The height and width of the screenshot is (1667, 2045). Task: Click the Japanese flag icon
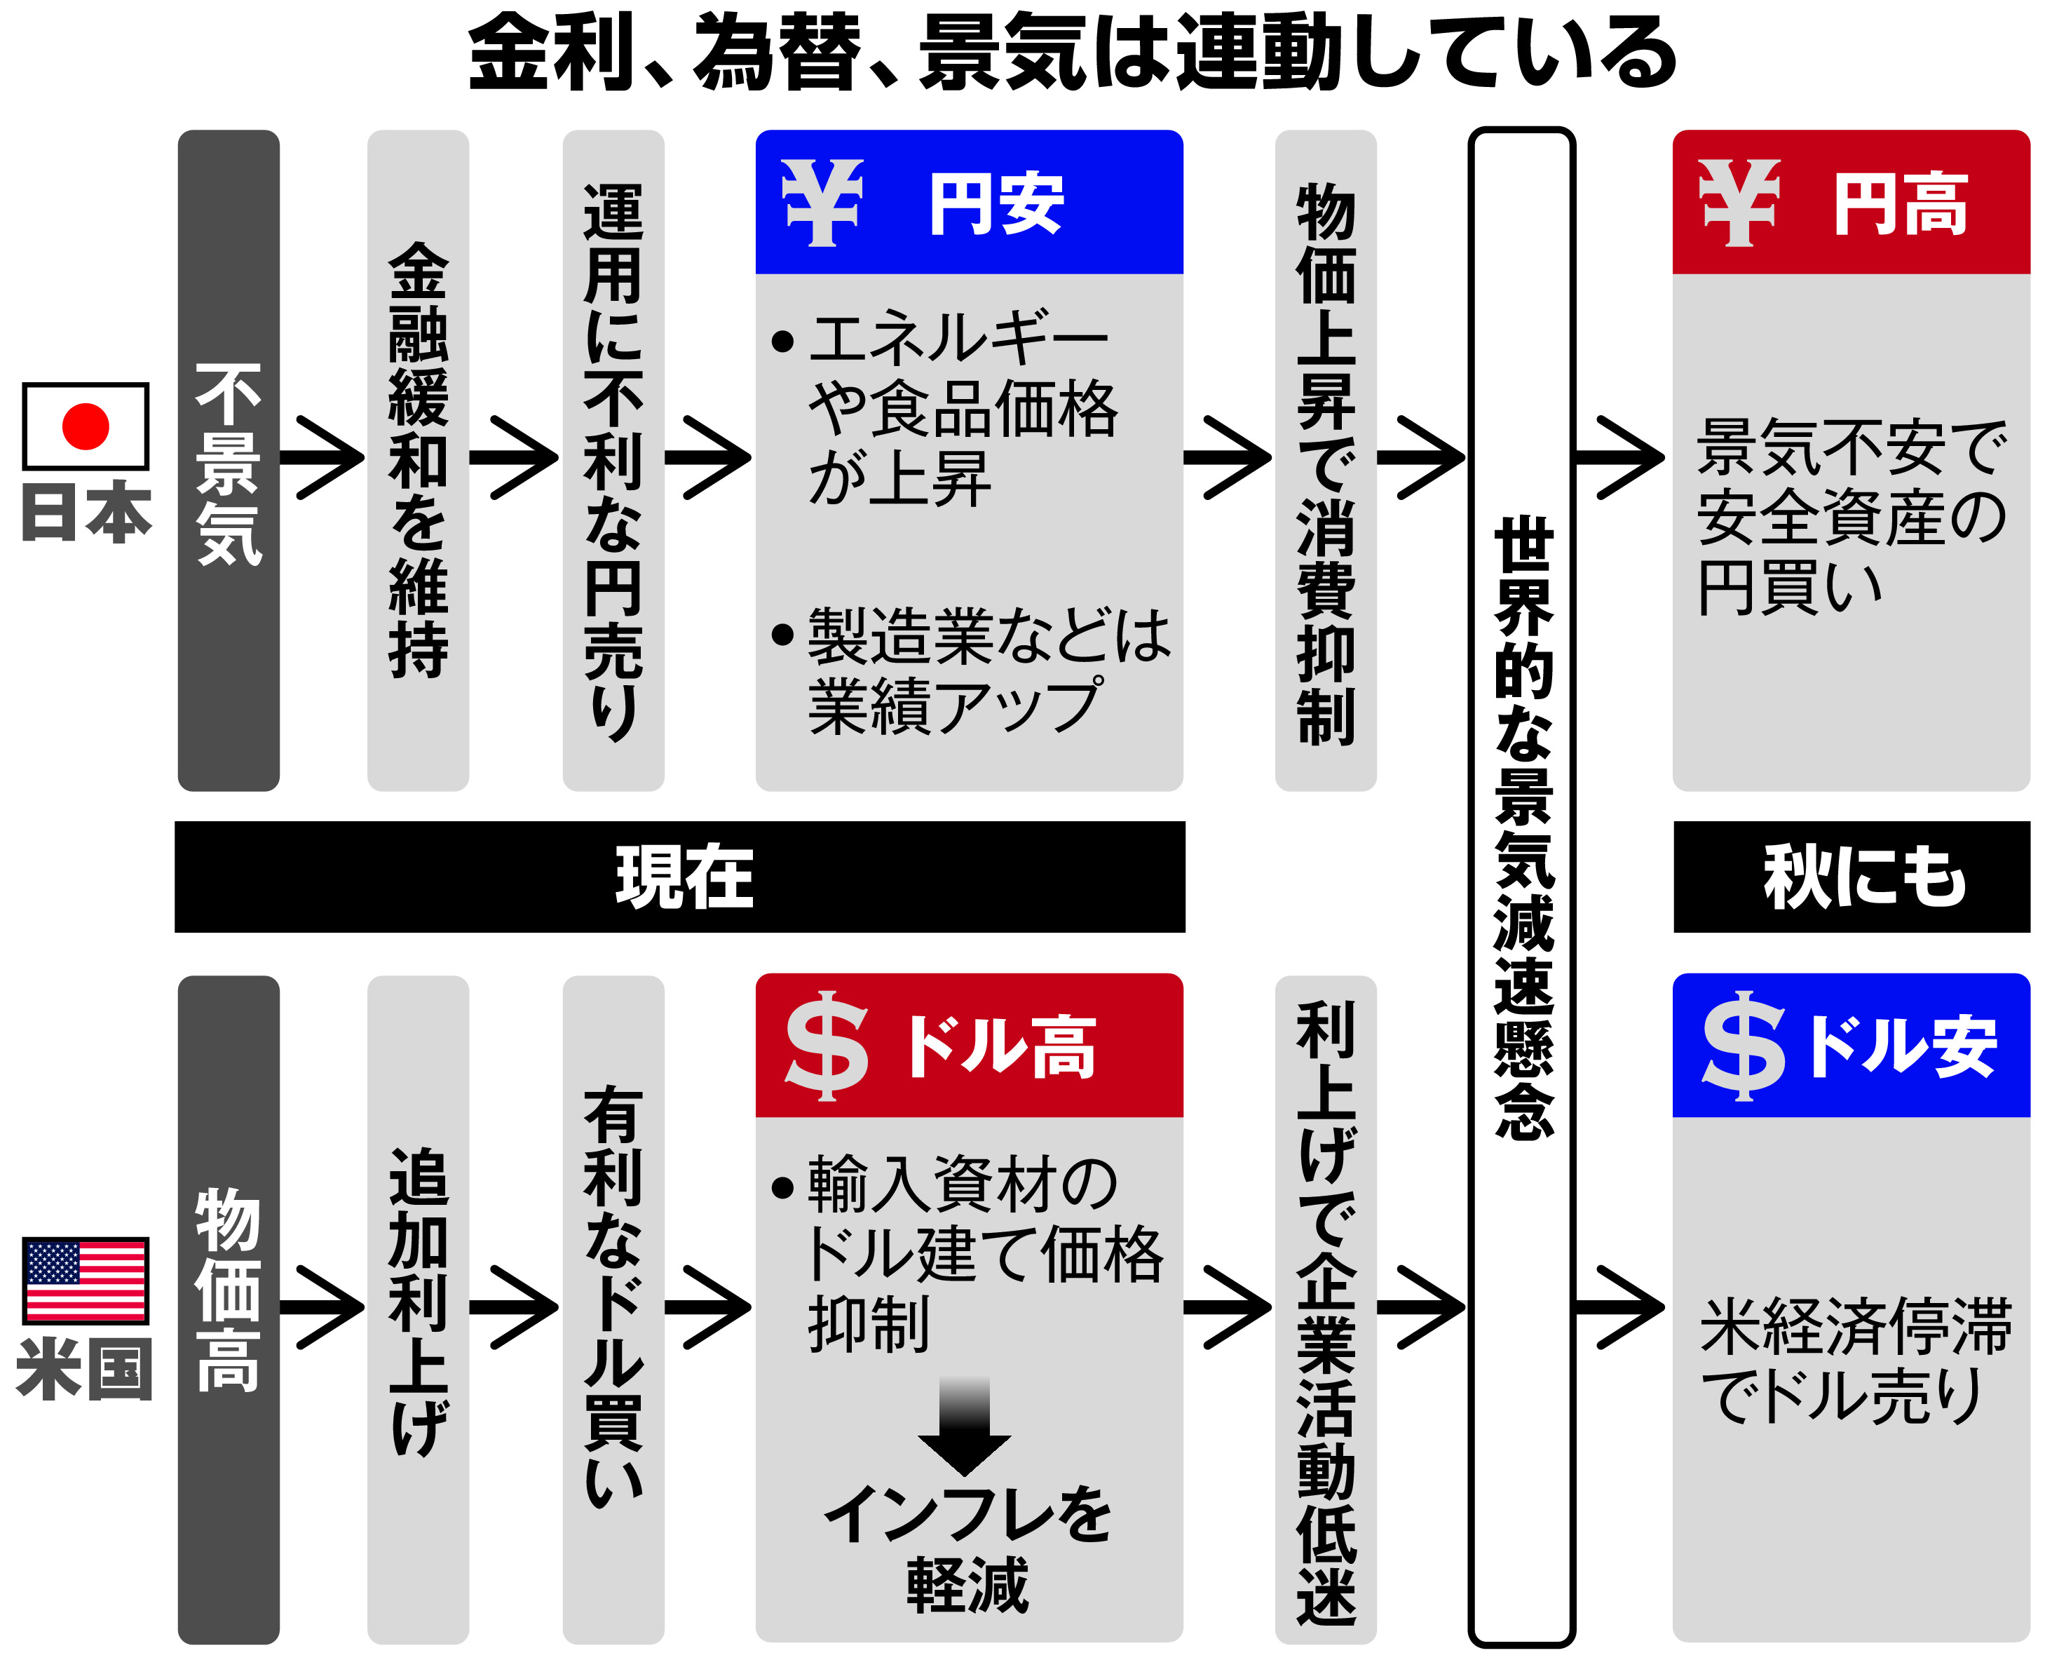(x=86, y=426)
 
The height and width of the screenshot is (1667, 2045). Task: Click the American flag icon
(x=86, y=1280)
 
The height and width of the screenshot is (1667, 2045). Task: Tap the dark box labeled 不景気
(x=229, y=461)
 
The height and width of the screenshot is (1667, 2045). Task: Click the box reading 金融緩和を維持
(x=418, y=461)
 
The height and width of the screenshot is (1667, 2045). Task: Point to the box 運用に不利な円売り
(x=613, y=461)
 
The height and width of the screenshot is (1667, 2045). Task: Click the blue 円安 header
(x=969, y=203)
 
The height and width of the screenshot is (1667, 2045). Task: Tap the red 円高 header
(x=1850, y=203)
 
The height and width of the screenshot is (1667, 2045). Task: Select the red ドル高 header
(x=969, y=1046)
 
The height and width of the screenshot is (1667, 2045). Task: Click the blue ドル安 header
(x=1850, y=1046)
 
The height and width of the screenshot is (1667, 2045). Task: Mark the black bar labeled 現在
(x=680, y=877)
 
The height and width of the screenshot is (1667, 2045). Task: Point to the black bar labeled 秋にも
(x=1851, y=877)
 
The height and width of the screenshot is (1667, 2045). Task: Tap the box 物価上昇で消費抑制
(x=1325, y=461)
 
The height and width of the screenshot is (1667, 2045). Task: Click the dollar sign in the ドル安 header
(x=1743, y=1046)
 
